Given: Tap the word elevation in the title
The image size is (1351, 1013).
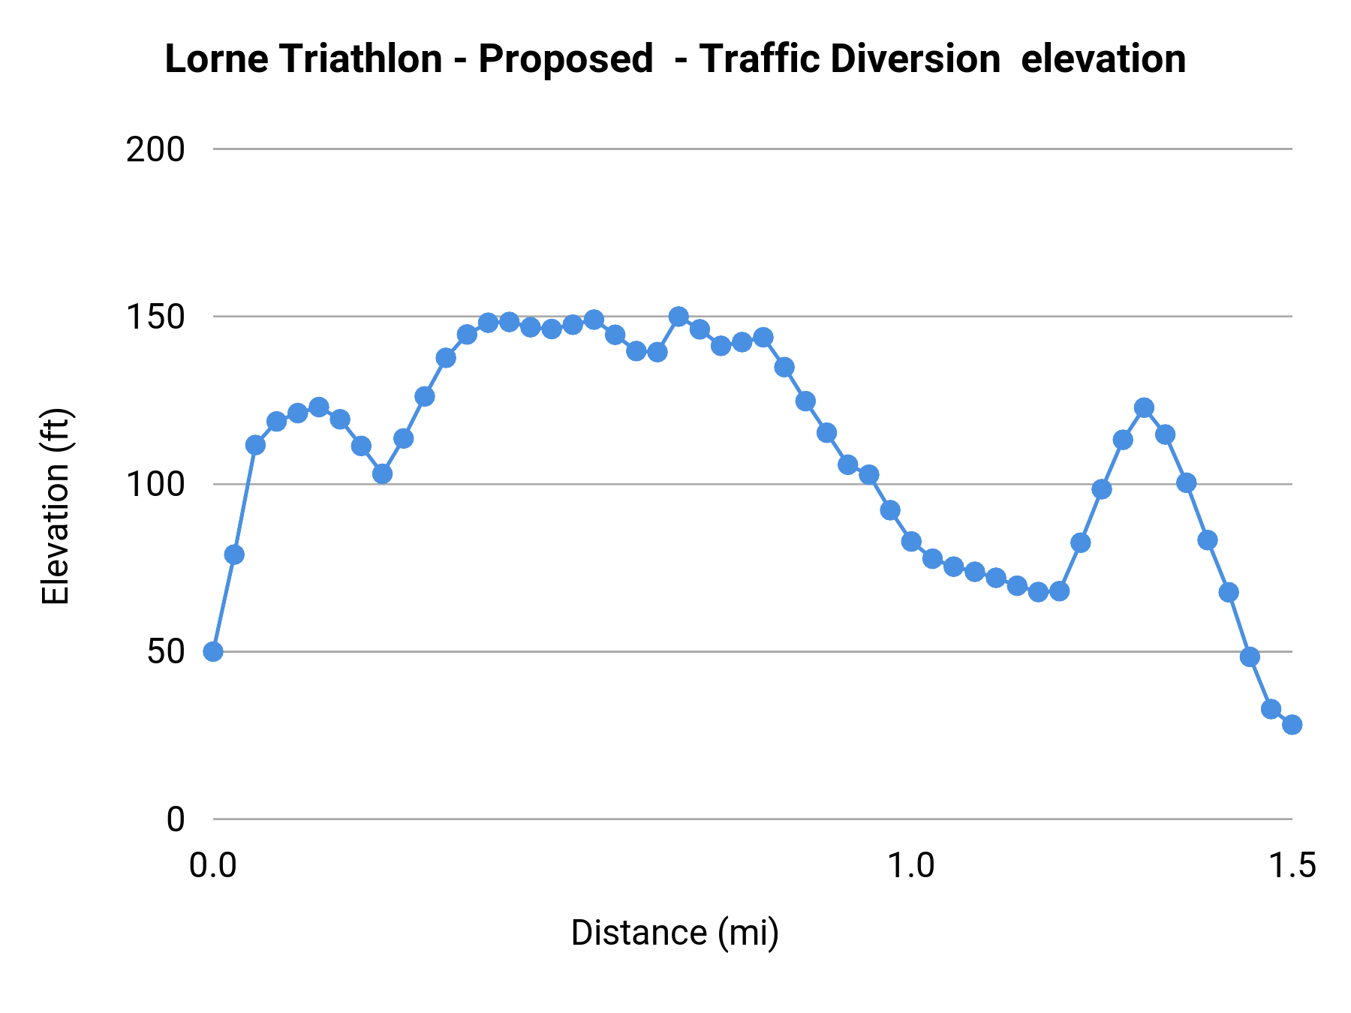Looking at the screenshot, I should click(x=1103, y=59).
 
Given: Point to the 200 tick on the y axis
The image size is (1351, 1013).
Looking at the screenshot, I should click(x=155, y=150).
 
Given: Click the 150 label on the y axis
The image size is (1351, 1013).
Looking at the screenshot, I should click(x=155, y=317).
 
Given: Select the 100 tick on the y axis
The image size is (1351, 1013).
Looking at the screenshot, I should click(x=155, y=485).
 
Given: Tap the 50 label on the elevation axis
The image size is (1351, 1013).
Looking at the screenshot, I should click(x=165, y=652).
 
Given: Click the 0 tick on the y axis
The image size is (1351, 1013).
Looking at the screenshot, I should click(x=175, y=819).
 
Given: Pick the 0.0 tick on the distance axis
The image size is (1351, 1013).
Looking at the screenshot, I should click(x=213, y=866).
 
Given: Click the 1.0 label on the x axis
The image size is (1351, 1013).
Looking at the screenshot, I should click(x=910, y=866).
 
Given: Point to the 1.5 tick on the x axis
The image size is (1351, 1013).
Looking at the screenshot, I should click(x=1291, y=866).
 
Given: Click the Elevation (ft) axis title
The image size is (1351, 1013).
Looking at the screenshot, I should click(x=56, y=506).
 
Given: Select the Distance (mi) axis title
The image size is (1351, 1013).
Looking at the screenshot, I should click(x=675, y=933).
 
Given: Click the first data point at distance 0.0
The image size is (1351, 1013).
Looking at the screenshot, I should click(x=213, y=651).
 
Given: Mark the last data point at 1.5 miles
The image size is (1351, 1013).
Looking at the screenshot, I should click(x=1292, y=725).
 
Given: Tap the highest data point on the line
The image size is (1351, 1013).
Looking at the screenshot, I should click(x=679, y=317).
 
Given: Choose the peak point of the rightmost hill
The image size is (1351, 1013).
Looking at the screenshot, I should click(x=1144, y=408).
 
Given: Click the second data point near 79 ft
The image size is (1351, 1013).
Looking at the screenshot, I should click(x=234, y=555).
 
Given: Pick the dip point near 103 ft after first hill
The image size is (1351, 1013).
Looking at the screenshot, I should click(x=382, y=474).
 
